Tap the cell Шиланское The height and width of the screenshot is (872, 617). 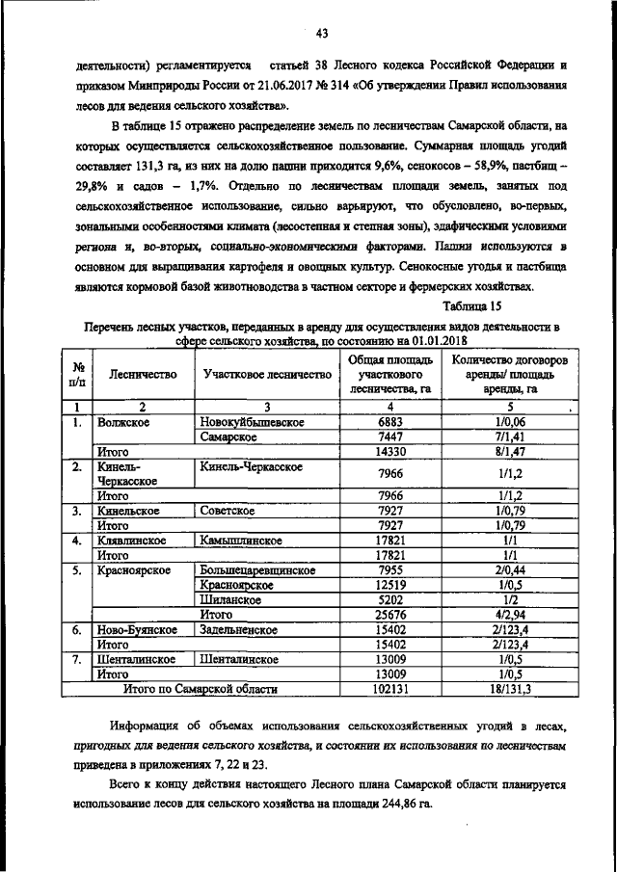click(231, 598)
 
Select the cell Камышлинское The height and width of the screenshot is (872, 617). click(241, 542)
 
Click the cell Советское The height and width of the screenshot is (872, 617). click(228, 511)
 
